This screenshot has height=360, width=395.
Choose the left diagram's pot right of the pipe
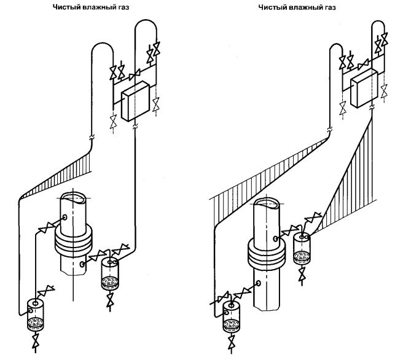point(111,273)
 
